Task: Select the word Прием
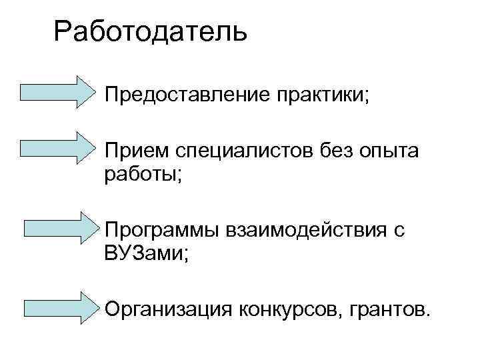pos(137,153)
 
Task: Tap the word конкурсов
pos(285,309)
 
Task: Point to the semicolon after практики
pos(364,96)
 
